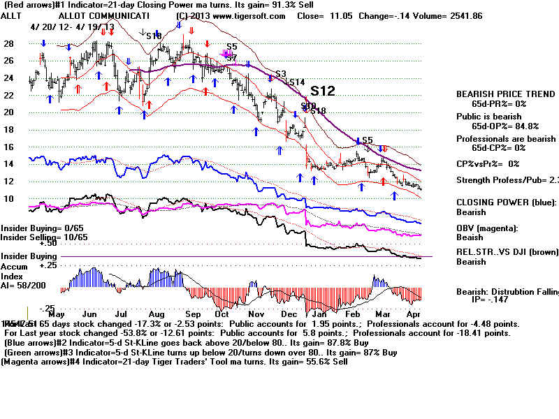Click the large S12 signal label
point(323,91)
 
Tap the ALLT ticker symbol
point(12,15)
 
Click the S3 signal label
point(281,73)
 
